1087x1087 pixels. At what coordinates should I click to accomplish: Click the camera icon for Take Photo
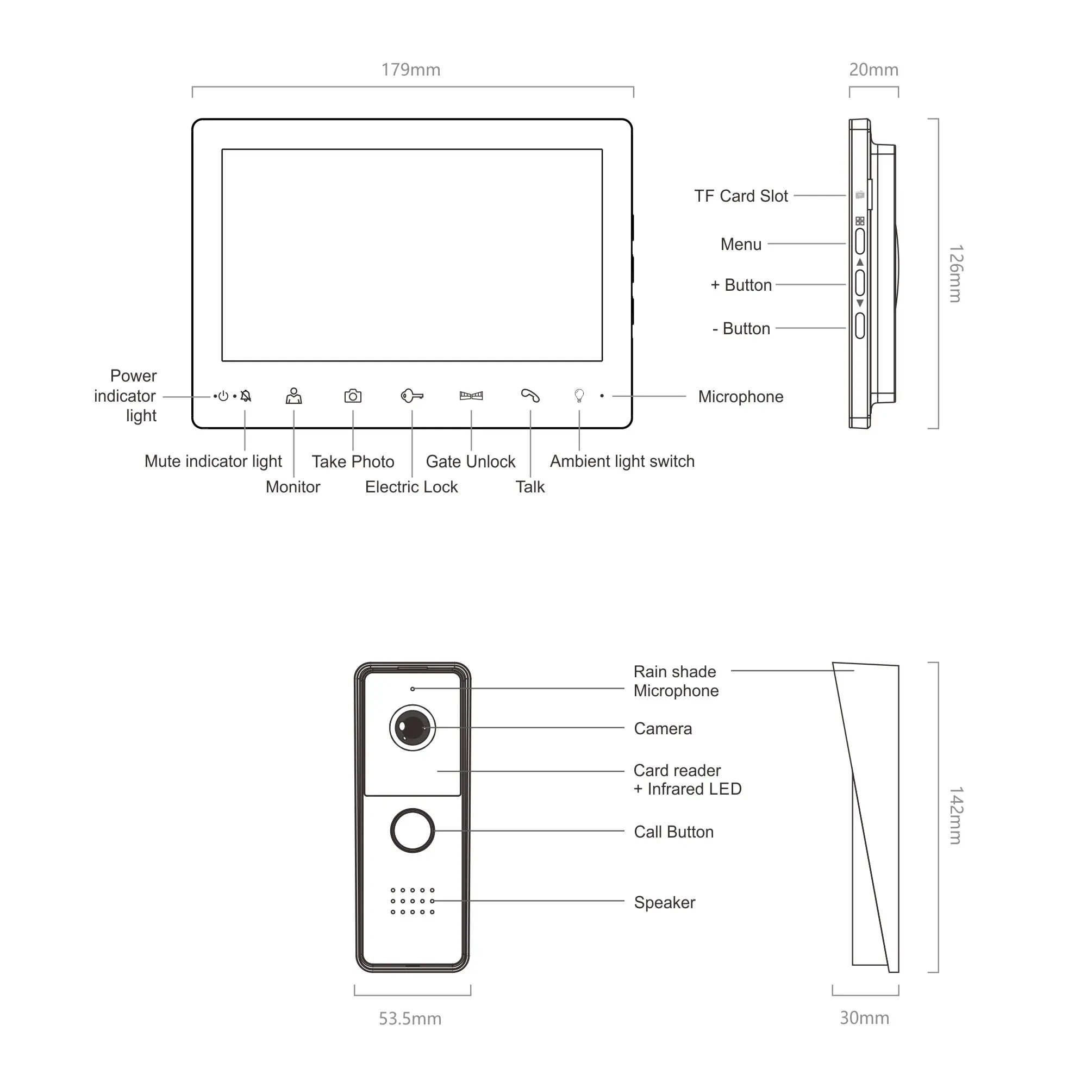click(x=353, y=396)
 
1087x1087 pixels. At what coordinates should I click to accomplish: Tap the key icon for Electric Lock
click(x=412, y=396)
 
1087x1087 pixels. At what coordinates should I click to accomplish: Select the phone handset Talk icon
click(x=530, y=396)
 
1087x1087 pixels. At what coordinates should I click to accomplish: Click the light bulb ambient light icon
click(x=579, y=396)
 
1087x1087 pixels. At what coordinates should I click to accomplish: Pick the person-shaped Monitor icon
click(x=293, y=396)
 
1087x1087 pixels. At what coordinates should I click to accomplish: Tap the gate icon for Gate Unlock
click(x=471, y=396)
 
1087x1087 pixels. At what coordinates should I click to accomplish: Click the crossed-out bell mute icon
click(x=246, y=396)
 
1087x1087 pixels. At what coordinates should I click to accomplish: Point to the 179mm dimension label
click(x=411, y=70)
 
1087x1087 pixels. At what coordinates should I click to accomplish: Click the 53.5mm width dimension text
click(x=410, y=1019)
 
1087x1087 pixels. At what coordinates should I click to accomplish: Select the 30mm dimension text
click(x=864, y=1019)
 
